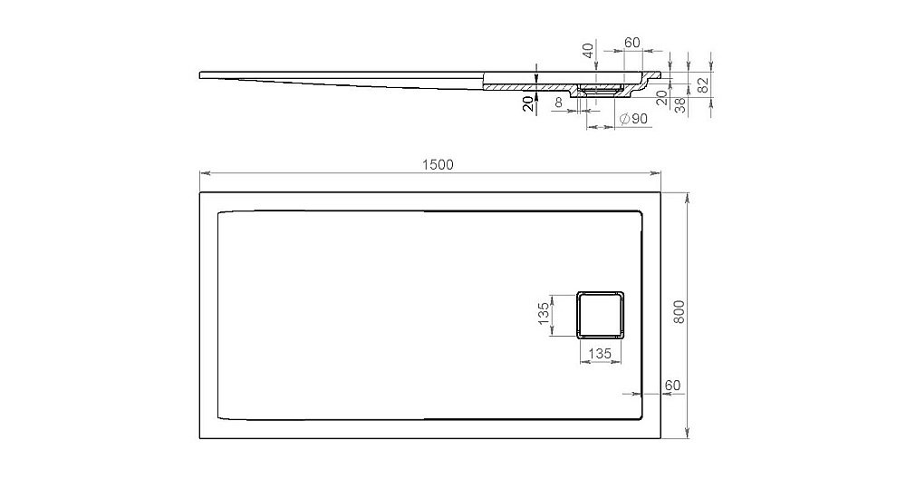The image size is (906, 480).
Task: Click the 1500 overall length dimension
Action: pos(436,164)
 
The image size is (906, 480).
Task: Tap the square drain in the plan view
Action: pos(601,314)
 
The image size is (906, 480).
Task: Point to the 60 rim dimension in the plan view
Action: pos(672,385)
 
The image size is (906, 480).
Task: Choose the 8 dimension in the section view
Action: pos(559,104)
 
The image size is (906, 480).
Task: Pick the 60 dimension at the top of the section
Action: pos(632,44)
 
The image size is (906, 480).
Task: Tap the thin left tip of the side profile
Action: pos(201,73)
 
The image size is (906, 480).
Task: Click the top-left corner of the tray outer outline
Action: pos(199,191)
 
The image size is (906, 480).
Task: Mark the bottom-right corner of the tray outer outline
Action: pos(661,439)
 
